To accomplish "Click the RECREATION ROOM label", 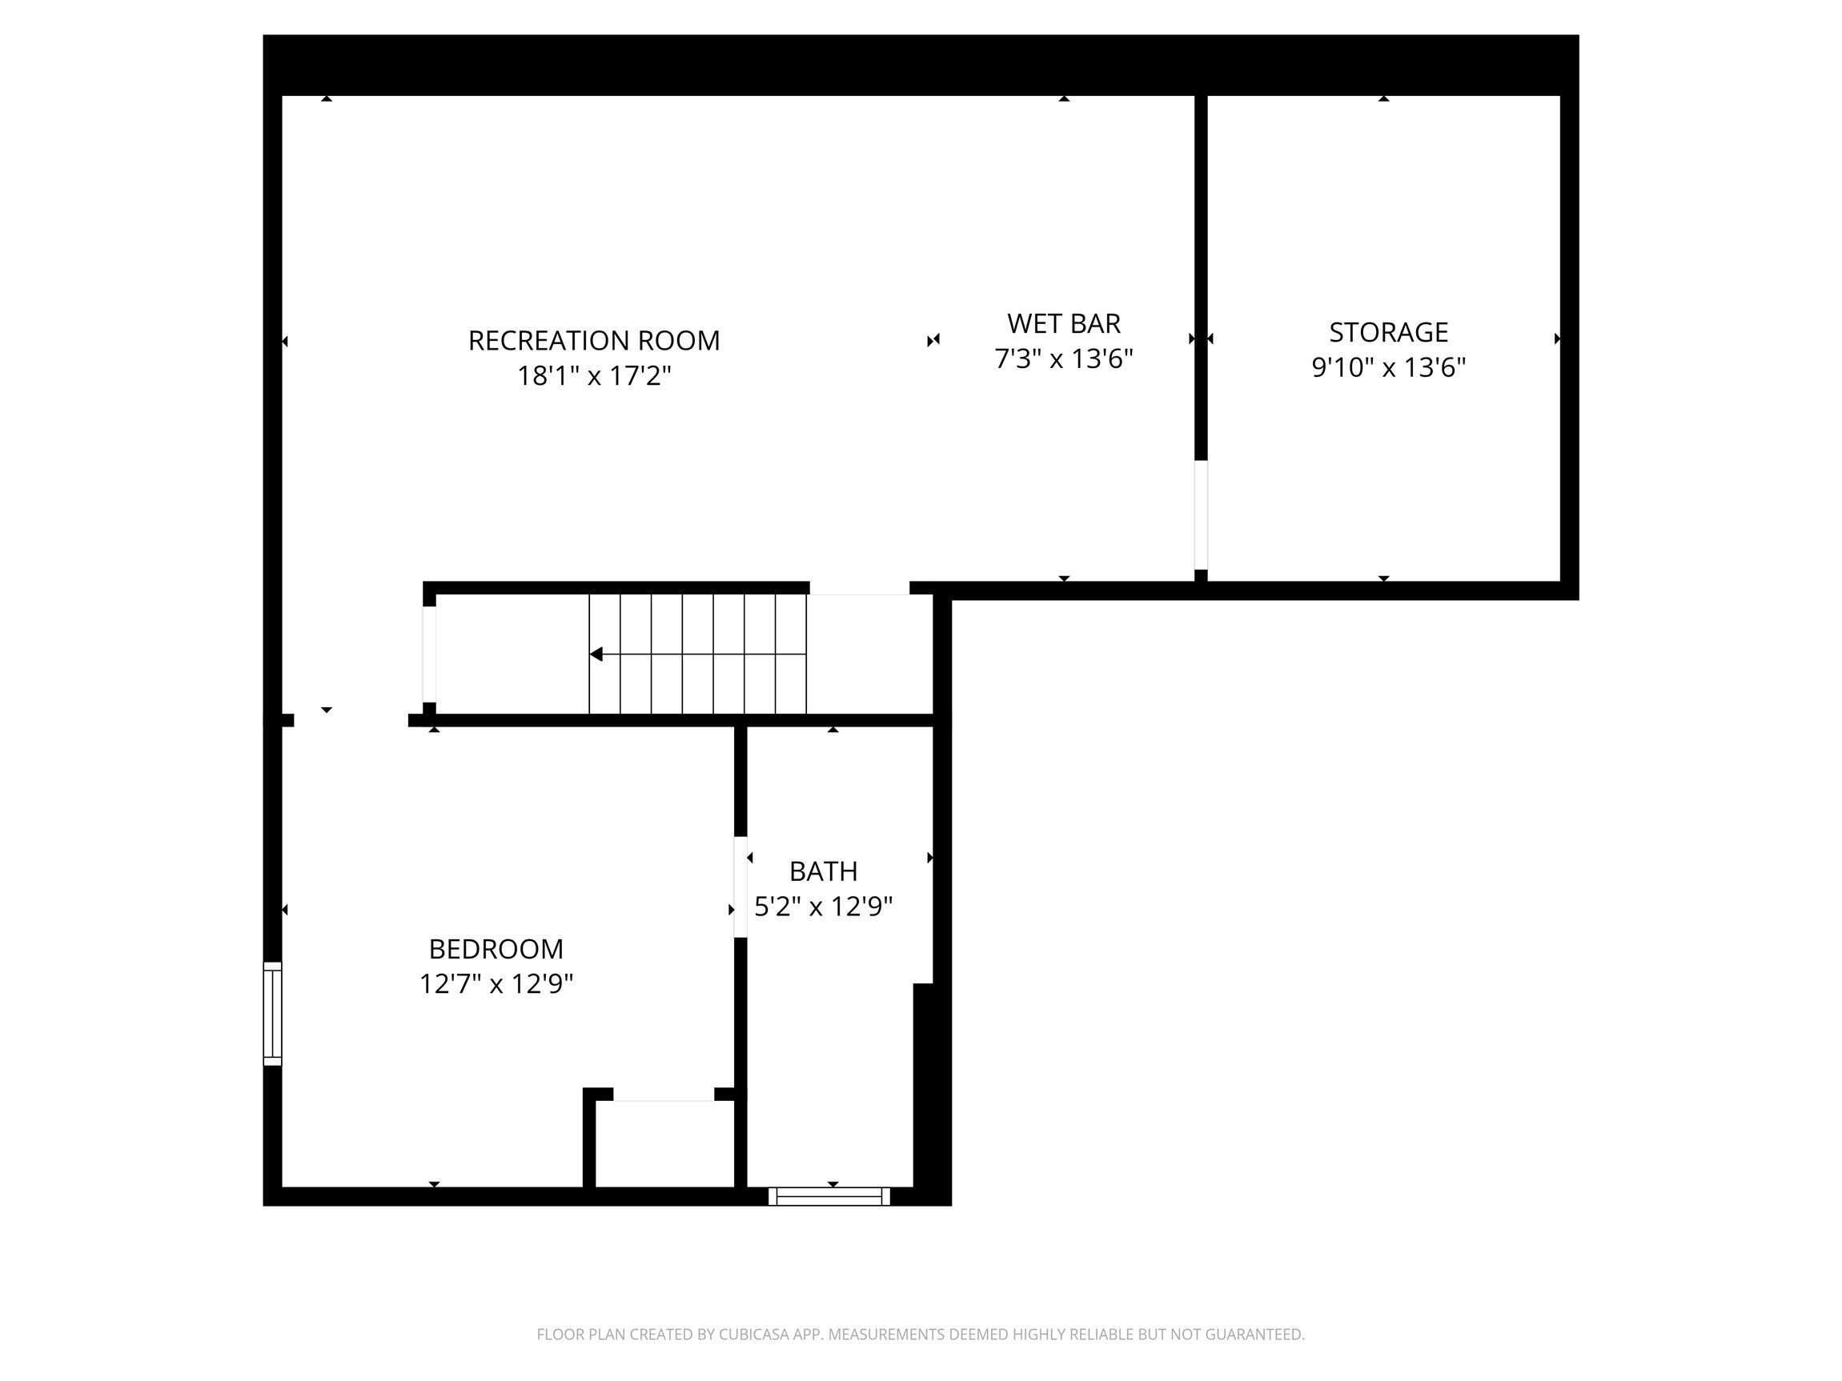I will [x=594, y=341].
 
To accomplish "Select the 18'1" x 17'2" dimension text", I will [x=594, y=376].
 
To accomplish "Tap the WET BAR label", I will [x=1063, y=323].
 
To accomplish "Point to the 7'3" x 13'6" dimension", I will [x=1063, y=358].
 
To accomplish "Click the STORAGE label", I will [x=1388, y=332].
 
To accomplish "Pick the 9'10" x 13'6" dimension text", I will [x=1388, y=367].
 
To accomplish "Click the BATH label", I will [x=823, y=871].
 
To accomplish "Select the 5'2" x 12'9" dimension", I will [x=823, y=906].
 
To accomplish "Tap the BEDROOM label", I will [x=496, y=949].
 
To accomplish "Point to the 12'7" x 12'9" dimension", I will [x=496, y=984].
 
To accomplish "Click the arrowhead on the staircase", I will [x=596, y=654].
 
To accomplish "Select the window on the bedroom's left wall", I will [x=272, y=1013].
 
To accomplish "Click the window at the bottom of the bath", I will [x=829, y=1196].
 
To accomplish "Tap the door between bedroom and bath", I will [x=740, y=887].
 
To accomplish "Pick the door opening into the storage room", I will [x=1201, y=515].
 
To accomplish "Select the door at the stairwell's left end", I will [x=429, y=654].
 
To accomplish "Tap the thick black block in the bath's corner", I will [x=931, y=1091].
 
